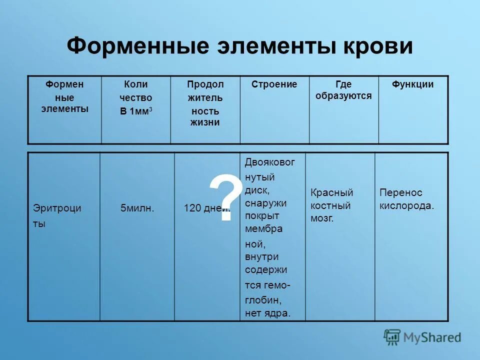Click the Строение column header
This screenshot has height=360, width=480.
point(274,84)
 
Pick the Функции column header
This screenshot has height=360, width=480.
point(412,84)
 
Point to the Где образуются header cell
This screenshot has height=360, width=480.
point(343,90)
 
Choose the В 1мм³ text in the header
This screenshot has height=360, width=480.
point(136,111)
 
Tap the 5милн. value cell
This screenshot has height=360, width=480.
point(137,208)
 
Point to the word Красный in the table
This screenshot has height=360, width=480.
point(332,192)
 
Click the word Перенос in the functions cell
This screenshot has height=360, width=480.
point(401,192)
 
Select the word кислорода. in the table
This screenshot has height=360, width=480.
point(407,205)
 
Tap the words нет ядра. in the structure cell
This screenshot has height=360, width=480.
point(267,313)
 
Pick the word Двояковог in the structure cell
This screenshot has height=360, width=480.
point(270,162)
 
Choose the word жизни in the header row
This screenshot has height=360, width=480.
point(204,122)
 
